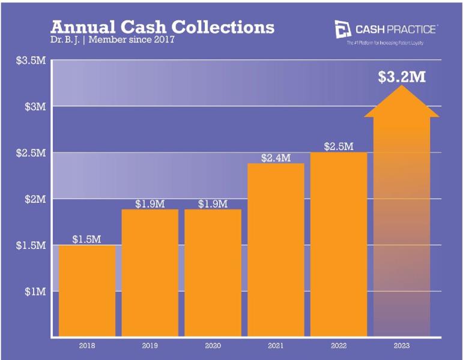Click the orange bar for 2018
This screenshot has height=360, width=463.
86,290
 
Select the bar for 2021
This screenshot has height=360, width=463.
276,250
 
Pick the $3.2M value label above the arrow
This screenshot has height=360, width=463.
402,77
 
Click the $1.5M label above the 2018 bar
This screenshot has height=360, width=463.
86,239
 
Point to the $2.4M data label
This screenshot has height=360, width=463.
276,158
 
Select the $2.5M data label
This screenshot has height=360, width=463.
338,146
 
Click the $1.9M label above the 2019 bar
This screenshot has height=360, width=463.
150,203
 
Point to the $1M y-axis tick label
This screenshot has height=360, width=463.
34,292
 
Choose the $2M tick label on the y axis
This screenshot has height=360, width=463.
34,199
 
